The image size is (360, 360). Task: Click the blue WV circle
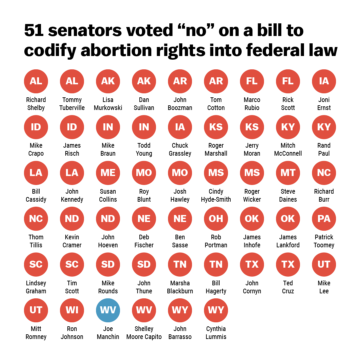[x=108, y=310]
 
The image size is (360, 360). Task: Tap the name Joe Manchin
[x=108, y=333]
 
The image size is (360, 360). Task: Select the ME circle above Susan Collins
[x=108, y=173]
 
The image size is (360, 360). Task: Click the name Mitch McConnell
[x=288, y=149]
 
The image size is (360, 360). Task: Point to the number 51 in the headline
[x=34, y=31]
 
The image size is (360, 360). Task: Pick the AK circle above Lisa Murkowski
[x=108, y=81]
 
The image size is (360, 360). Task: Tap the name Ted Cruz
[x=288, y=287]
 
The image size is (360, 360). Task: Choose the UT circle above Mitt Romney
[x=36, y=310]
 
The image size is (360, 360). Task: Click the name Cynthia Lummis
[x=216, y=333]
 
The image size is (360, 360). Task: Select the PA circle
[x=324, y=219]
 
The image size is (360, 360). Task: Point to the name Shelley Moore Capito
[x=144, y=333]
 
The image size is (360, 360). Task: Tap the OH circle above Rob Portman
[x=216, y=219]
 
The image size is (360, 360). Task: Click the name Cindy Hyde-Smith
[x=216, y=195]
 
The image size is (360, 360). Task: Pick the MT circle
[x=288, y=173]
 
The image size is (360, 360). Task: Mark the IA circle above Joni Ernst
[x=324, y=81]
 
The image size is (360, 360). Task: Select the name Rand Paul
[x=324, y=149]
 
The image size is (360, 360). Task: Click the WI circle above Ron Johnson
[x=72, y=310]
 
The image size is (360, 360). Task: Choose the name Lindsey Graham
[x=36, y=287]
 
